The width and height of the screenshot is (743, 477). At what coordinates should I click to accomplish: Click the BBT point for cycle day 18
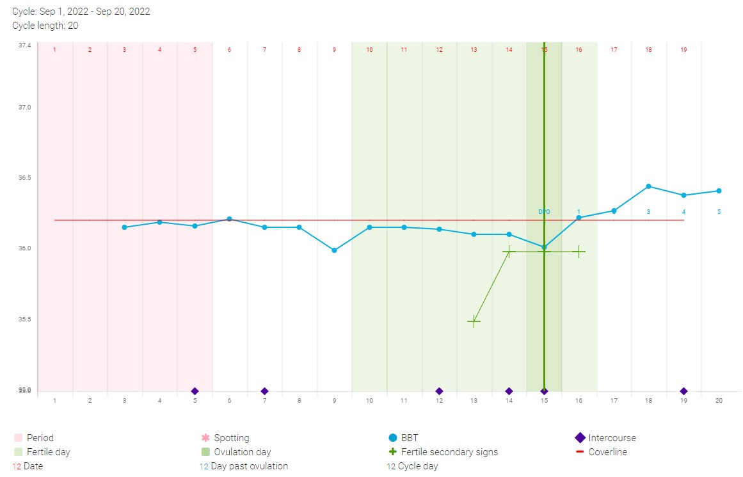[x=648, y=186]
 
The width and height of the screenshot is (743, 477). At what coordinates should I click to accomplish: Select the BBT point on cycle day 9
[x=334, y=250]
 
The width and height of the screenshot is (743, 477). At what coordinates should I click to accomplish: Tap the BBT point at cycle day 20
[x=719, y=191]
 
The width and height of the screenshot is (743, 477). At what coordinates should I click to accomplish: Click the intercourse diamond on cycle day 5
[x=195, y=391]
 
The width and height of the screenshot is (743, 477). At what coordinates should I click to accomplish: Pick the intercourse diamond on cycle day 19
[x=683, y=391]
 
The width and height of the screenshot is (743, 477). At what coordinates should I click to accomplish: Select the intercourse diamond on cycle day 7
[x=264, y=391]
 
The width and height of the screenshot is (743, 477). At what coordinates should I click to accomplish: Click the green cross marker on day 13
[x=474, y=321]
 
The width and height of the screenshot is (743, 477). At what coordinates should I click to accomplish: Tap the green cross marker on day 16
[x=579, y=252]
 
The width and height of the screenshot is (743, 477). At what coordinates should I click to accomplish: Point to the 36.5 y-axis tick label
[x=24, y=177]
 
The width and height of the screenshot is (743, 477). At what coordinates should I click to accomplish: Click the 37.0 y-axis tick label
[x=24, y=108]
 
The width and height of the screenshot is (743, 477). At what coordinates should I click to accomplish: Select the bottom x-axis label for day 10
[x=369, y=401]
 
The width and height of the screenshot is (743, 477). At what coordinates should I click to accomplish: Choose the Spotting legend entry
[x=231, y=438]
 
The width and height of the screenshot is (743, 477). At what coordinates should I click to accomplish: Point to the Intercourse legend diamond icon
[x=580, y=438]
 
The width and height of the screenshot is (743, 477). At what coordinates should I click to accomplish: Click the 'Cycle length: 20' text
[x=45, y=26]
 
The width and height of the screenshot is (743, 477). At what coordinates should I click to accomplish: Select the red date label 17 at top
[x=614, y=50]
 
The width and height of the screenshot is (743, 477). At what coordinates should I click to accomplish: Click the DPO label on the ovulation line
[x=543, y=211]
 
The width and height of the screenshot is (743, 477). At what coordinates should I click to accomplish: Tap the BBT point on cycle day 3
[x=124, y=227]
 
